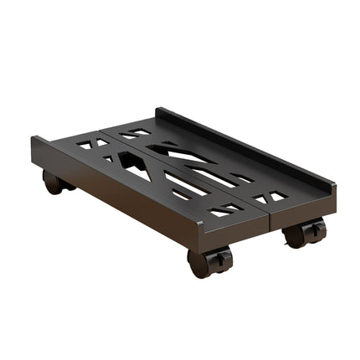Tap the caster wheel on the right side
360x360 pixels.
coord(296,234)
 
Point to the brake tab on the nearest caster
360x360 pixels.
coord(219,260)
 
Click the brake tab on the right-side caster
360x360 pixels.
coord(315,229)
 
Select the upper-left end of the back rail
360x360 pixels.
coord(159,111)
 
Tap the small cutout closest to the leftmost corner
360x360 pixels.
coord(84,144)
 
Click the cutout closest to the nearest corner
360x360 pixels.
coord(222,212)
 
